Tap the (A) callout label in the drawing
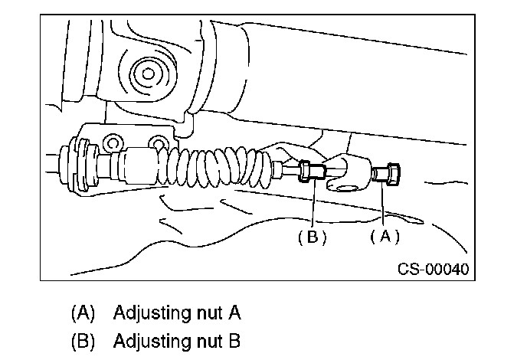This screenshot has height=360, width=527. pyautogui.click(x=385, y=237)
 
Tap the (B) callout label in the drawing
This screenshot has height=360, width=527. pyautogui.click(x=313, y=237)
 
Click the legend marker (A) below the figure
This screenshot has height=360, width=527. pyautogui.click(x=82, y=313)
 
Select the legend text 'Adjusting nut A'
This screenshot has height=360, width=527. pyautogui.click(x=177, y=313)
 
